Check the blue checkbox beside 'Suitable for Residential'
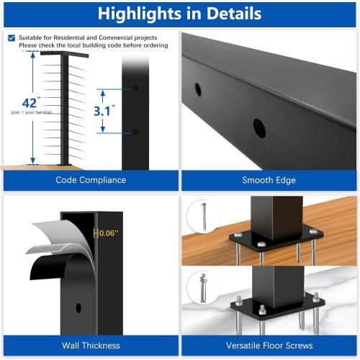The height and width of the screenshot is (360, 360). coord(11,37)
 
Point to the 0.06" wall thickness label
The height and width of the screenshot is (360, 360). coord(108,233)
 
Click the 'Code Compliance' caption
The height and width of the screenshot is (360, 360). coord(91,180)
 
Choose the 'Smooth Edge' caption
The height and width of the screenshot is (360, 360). coord(270,180)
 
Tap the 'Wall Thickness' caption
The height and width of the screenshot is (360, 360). coord(91,345)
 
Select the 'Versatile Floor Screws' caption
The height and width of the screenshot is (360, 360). coord(270,345)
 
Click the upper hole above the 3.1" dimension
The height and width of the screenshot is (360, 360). coord(135,89)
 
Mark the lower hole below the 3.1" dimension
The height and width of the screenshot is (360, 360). coord(135,132)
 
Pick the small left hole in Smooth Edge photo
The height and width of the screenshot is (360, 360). coord(199,90)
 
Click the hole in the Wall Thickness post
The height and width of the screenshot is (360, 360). coord(78,307)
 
